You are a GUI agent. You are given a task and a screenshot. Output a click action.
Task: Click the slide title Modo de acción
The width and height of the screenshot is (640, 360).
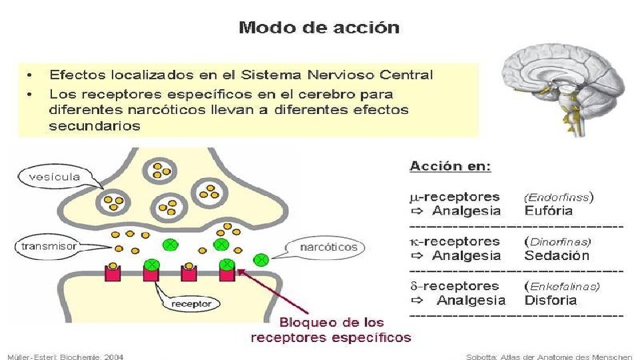pyautogui.click(x=319, y=28)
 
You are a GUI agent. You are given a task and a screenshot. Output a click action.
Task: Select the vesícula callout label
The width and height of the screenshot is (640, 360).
pyautogui.click(x=55, y=177)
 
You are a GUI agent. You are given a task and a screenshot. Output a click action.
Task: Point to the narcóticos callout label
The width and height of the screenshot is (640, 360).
pyautogui.click(x=329, y=247)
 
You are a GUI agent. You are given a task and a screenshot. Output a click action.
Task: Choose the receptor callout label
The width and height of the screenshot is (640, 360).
pyautogui.click(x=191, y=303)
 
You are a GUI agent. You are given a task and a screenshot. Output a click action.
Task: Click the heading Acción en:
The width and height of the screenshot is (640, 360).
pyautogui.click(x=450, y=166)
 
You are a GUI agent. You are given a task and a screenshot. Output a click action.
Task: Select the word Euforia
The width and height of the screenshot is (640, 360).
pyautogui.click(x=548, y=211)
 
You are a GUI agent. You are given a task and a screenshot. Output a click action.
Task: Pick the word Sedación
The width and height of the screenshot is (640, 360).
pyautogui.click(x=557, y=255)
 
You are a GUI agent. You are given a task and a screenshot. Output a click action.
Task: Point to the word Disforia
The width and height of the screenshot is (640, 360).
pyautogui.click(x=550, y=300)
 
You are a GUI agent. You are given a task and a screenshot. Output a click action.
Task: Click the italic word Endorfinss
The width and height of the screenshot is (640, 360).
pyautogui.click(x=557, y=197)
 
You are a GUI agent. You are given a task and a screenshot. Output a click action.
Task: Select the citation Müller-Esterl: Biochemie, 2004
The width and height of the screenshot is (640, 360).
pyautogui.click(x=66, y=357)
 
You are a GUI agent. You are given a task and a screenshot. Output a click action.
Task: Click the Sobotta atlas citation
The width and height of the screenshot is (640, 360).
pyautogui.click(x=549, y=357)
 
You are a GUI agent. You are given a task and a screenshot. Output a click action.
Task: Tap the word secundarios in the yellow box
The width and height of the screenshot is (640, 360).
pyautogui.click(x=95, y=126)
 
